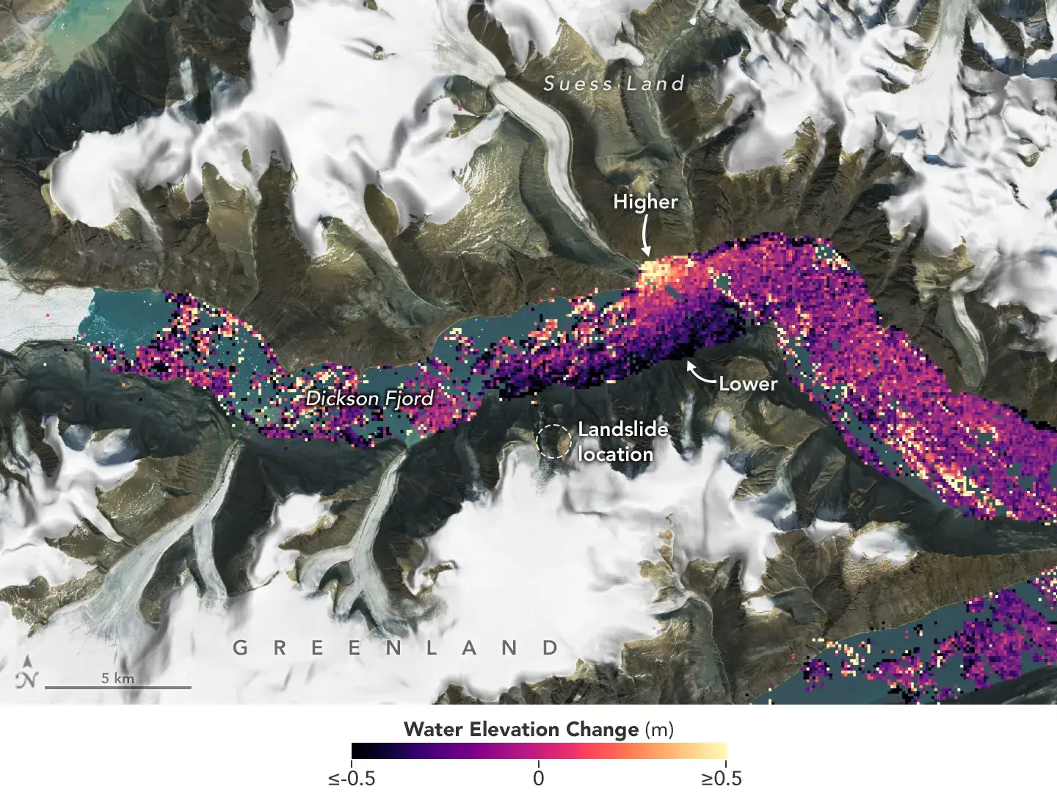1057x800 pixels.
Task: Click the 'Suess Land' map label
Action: pos(614,84)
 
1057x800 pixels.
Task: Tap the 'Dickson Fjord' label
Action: pos(369,399)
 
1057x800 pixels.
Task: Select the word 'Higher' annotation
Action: pos(645,202)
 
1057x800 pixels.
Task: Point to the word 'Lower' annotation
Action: pos(747,383)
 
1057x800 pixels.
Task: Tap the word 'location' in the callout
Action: pos(615,454)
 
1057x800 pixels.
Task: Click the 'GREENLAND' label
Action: pos(396,648)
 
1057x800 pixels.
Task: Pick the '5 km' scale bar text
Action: pos(117,677)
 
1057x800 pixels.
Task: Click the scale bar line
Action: pos(117,688)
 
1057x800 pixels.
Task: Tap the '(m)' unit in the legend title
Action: pos(658,730)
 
